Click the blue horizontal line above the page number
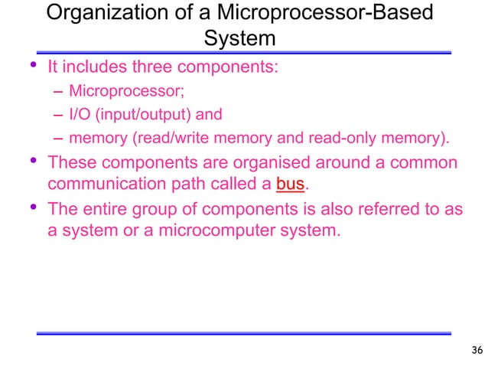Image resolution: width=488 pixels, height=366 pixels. (244, 333)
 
